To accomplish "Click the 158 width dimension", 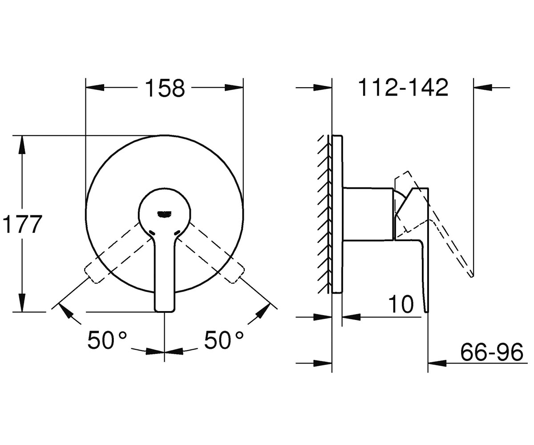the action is click(x=165, y=88).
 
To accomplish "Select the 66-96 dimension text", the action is click(x=492, y=352).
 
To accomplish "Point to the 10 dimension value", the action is click(x=401, y=304).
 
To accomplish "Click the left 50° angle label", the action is click(x=107, y=340).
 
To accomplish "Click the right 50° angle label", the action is click(x=224, y=340).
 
